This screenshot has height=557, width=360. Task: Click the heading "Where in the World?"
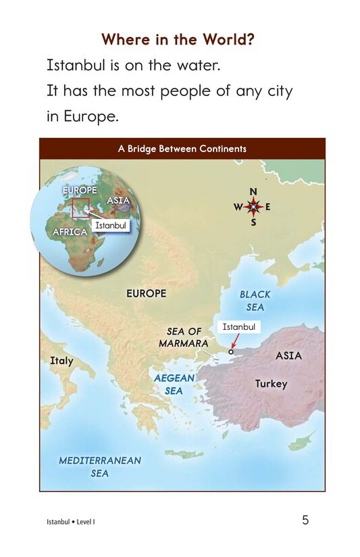click(178, 39)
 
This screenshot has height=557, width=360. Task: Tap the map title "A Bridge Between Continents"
click(182, 149)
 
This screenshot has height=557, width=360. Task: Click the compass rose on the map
click(253, 207)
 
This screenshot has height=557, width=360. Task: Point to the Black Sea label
click(255, 301)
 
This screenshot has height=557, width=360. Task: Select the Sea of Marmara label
click(184, 337)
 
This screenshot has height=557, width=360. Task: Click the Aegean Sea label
click(174, 385)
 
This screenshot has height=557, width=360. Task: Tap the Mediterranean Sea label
click(100, 466)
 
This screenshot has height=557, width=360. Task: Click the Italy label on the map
click(61, 361)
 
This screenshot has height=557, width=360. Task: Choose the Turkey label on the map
click(271, 384)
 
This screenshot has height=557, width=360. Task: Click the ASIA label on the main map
click(288, 356)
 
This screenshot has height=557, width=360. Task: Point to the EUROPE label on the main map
click(146, 294)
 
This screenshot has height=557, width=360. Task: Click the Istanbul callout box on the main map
click(239, 327)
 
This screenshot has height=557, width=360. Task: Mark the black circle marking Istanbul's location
click(231, 352)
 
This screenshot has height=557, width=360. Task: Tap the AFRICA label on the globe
click(70, 232)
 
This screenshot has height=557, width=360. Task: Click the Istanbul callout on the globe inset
click(110, 224)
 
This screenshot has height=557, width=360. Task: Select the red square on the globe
click(80, 209)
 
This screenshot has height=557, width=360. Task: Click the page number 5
click(305, 520)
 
